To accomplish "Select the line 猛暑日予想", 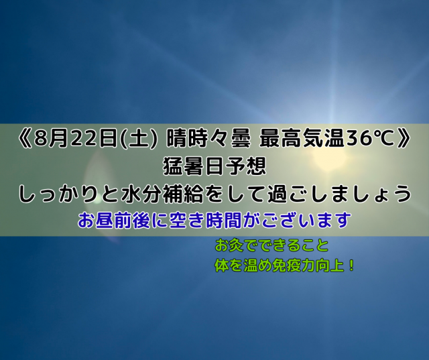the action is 214,167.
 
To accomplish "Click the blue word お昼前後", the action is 114,221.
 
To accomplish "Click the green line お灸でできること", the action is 271,245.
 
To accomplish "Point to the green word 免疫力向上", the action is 308,266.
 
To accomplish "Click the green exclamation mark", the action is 351,266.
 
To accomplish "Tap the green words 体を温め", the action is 243,266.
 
